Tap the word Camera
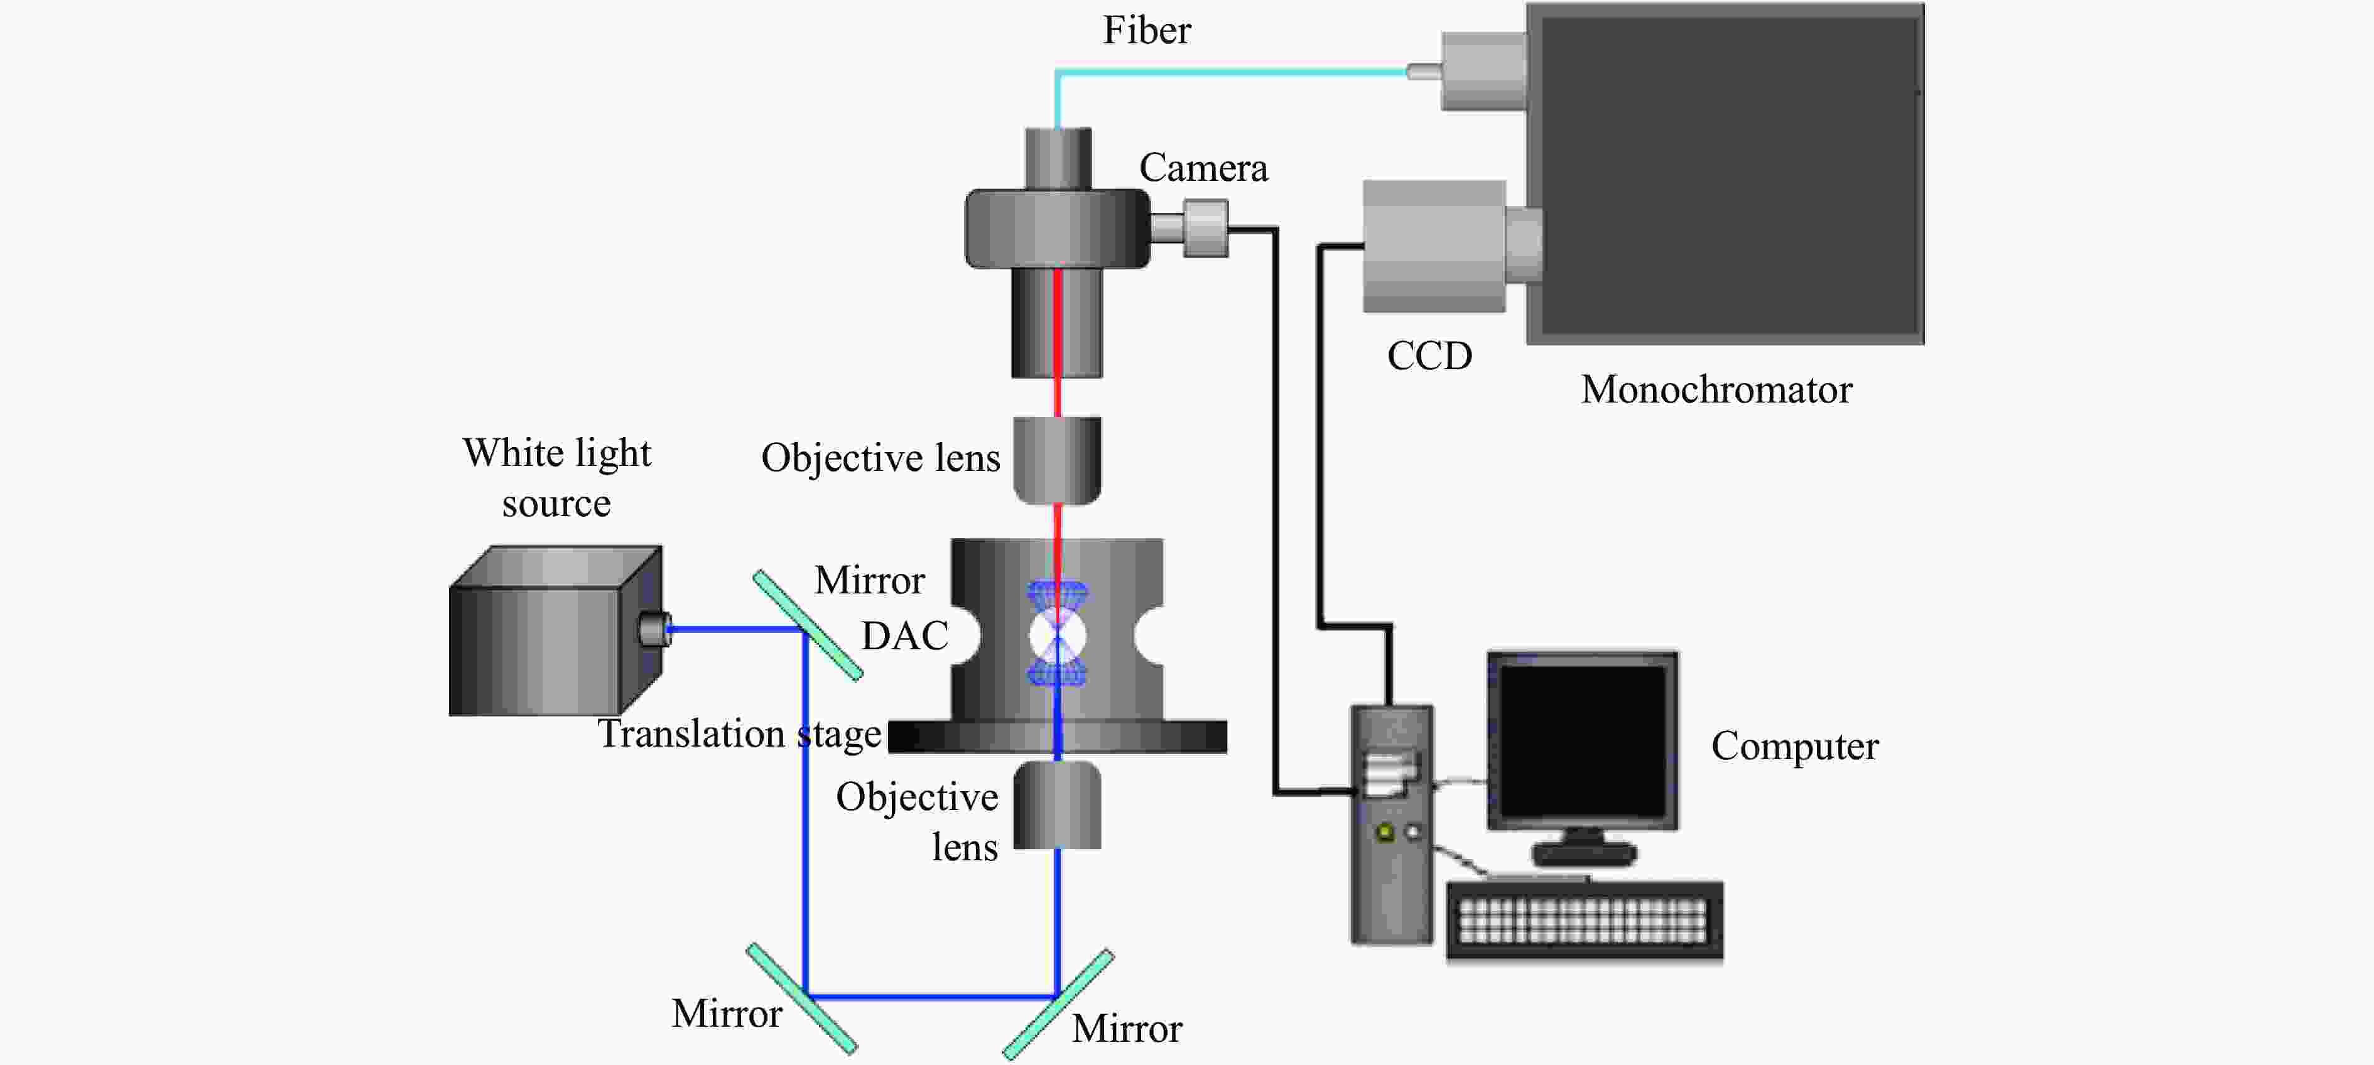pos(1203,168)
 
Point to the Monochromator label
pos(1716,390)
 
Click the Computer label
pos(1794,746)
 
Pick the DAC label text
pos(904,635)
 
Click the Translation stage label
pos(739,734)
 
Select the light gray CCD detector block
pos(1433,246)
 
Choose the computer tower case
pos(1390,824)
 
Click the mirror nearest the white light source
pos(807,625)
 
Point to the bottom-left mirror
pos(801,998)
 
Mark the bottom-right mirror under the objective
pos(1058,1003)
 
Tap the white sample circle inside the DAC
pos(1057,635)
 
